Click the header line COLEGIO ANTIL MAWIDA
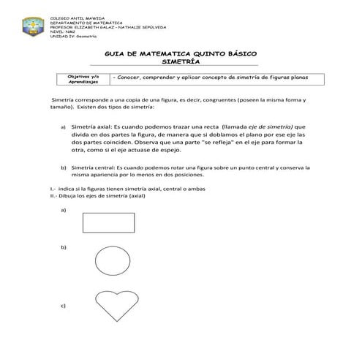click(71, 16)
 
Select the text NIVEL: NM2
click(61, 31)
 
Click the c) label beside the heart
click(64, 305)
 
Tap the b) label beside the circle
click(64, 248)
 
